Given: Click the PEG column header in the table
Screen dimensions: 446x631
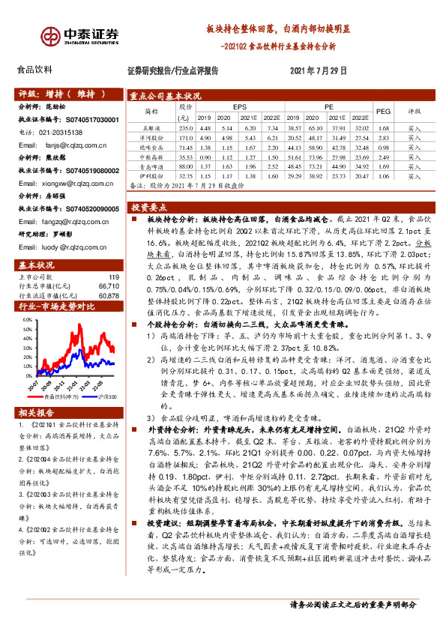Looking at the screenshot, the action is [x=382, y=111].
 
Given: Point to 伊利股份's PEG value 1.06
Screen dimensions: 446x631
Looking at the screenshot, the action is [x=382, y=175].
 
